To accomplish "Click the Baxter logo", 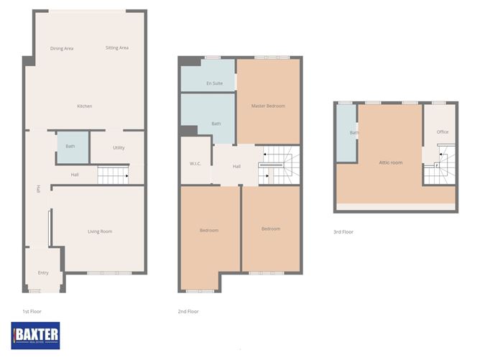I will [x=36, y=334].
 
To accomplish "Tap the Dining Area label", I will [x=62, y=48].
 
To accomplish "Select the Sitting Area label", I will [x=116, y=48].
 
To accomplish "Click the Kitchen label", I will [x=85, y=106].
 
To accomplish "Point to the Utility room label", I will [x=118, y=147].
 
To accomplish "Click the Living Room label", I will [x=100, y=231].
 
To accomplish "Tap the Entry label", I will [x=43, y=272].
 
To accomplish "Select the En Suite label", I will [x=214, y=84].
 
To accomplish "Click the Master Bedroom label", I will [x=268, y=106].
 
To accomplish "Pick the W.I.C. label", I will [x=195, y=164].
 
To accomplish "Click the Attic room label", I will [x=391, y=163].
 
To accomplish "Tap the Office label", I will [x=443, y=132].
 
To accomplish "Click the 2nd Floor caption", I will [x=188, y=311].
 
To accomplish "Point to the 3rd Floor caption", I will [x=343, y=232].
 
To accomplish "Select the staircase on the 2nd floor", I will [x=278, y=165].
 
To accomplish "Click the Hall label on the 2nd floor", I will [x=236, y=167].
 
